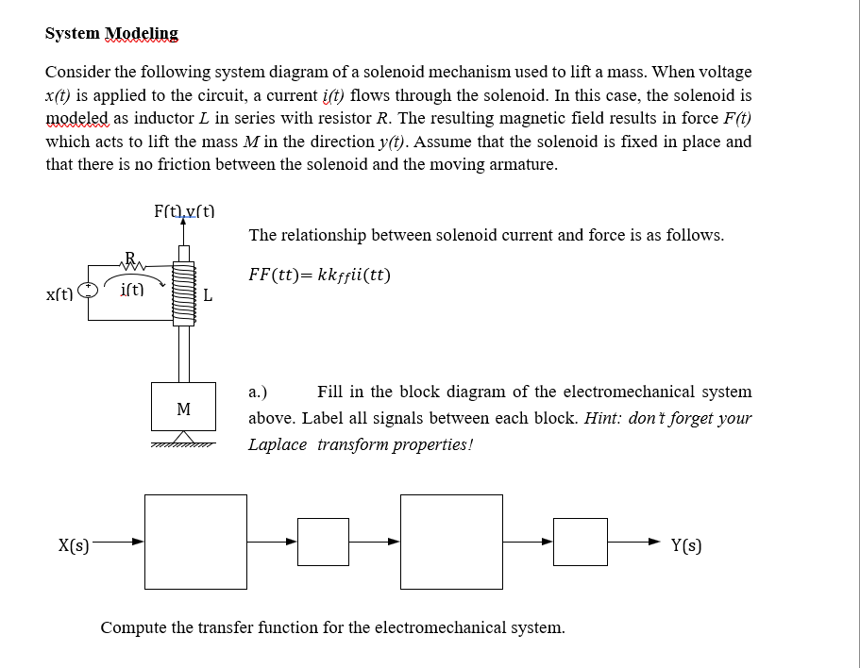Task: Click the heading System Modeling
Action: pyautogui.click(x=111, y=34)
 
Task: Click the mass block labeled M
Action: pyautogui.click(x=184, y=409)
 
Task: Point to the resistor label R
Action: pyautogui.click(x=130, y=257)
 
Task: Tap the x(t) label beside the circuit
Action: pyautogui.click(x=61, y=295)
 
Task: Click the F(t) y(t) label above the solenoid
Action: pyautogui.click(x=184, y=212)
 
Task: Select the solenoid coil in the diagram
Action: pyautogui.click(x=184, y=293)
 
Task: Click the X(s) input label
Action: pyautogui.click(x=75, y=544)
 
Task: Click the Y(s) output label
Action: pyautogui.click(x=686, y=544)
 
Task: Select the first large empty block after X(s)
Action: pyautogui.click(x=196, y=542)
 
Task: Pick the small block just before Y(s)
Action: pyautogui.click(x=580, y=542)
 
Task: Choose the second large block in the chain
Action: pyautogui.click(x=451, y=542)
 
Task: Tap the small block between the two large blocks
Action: pyautogui.click(x=323, y=542)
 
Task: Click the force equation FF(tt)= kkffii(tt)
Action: pyautogui.click(x=319, y=276)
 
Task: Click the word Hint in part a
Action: pyautogui.click(x=603, y=418)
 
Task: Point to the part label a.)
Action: pyautogui.click(x=258, y=392)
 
